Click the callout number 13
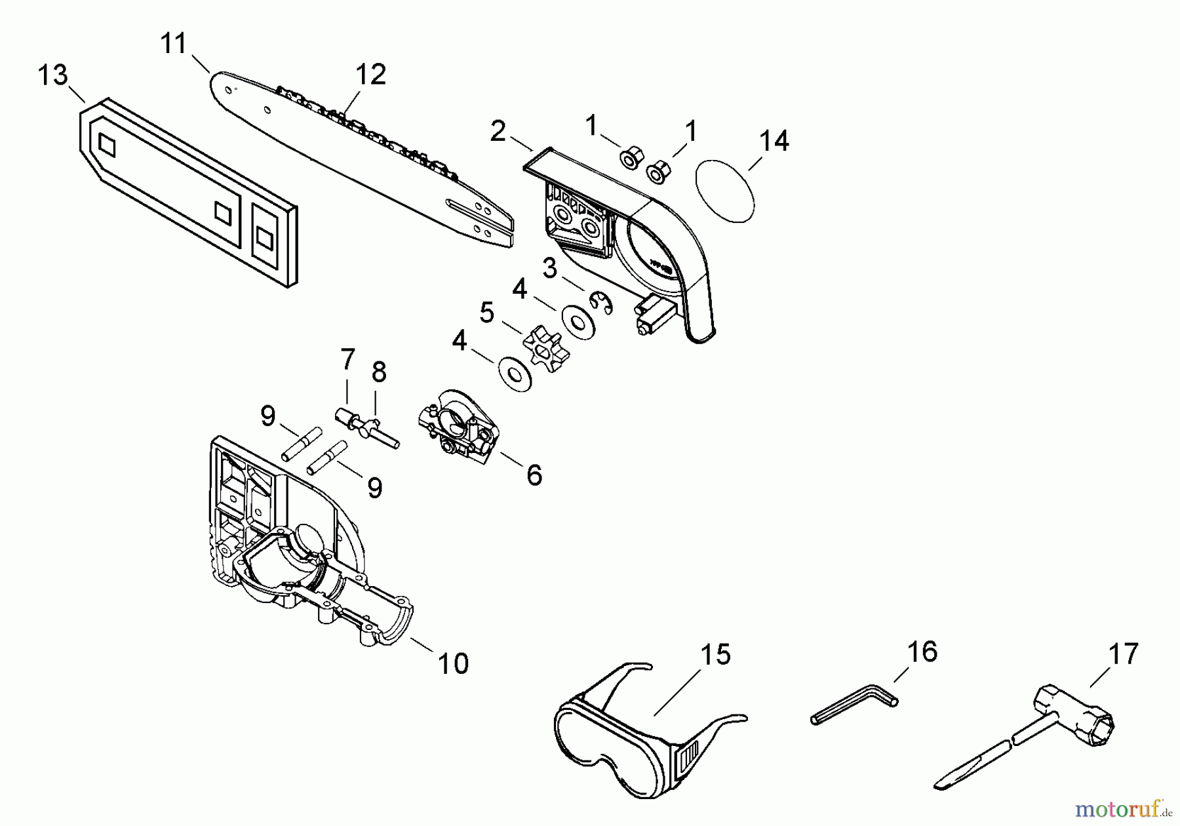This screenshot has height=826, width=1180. point(52,75)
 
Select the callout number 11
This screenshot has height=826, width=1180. point(174,44)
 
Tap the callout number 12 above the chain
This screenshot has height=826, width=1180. point(370,74)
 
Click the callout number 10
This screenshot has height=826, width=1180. point(453,663)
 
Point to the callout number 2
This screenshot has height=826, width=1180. point(498,132)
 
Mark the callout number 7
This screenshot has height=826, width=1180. point(347,359)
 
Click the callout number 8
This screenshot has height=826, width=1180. point(379,372)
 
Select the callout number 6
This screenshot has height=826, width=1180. point(534,475)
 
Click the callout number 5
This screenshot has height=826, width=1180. point(486,313)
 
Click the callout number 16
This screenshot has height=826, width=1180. point(922,652)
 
